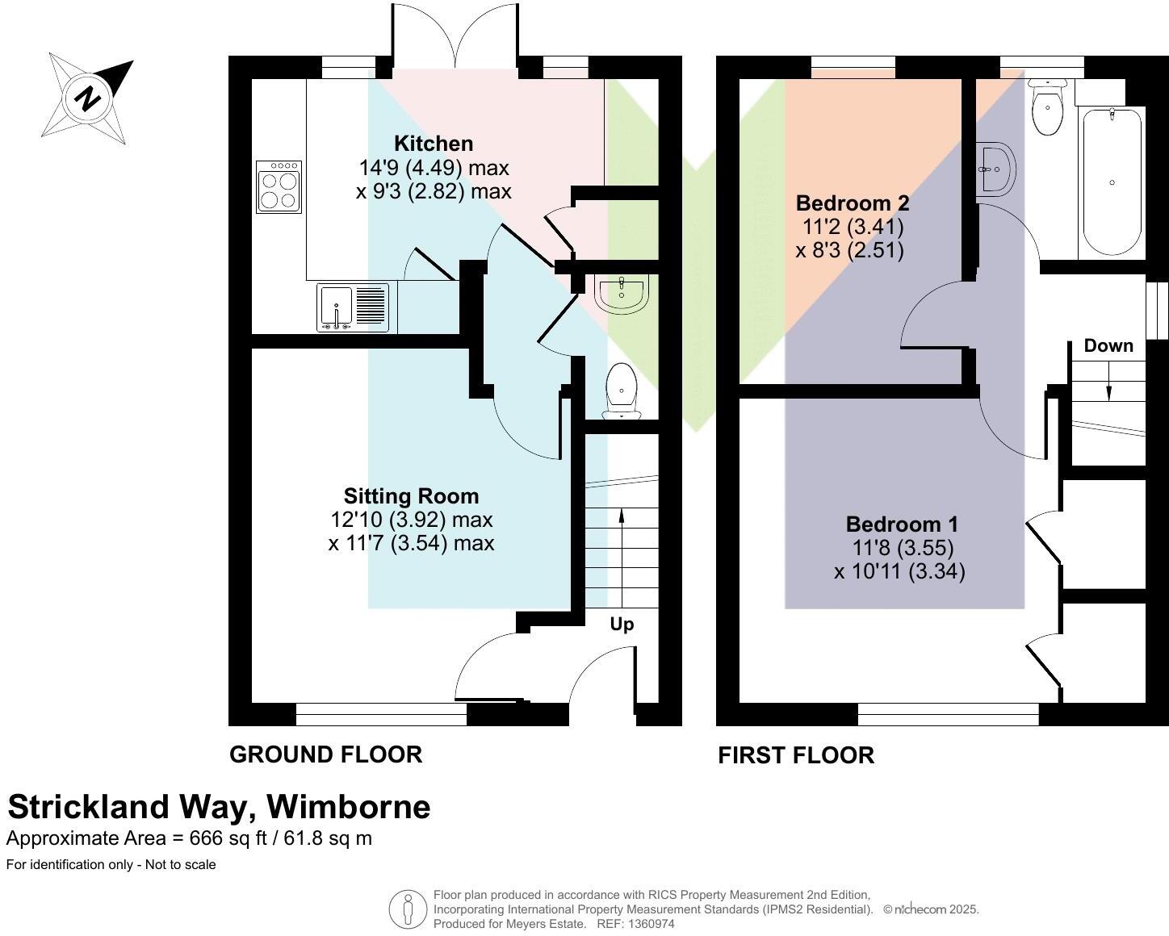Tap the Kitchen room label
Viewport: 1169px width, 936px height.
pyautogui.click(x=434, y=144)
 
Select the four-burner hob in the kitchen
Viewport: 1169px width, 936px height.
pyautogui.click(x=279, y=186)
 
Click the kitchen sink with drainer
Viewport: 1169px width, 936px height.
pyautogui.click(x=353, y=307)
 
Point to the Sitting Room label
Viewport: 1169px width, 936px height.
pyautogui.click(x=411, y=496)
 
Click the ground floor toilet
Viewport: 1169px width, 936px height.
pyautogui.click(x=621, y=392)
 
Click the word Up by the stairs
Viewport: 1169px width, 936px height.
pyautogui.click(x=622, y=625)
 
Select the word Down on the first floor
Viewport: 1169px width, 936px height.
pyautogui.click(x=1108, y=346)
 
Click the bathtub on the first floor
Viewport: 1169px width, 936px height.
pyautogui.click(x=1112, y=182)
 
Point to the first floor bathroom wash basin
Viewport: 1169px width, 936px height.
pyautogui.click(x=995, y=169)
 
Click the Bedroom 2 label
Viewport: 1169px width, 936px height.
pyautogui.click(x=853, y=203)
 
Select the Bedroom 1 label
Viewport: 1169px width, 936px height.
pyautogui.click(x=902, y=524)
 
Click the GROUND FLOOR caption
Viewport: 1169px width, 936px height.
pyautogui.click(x=326, y=754)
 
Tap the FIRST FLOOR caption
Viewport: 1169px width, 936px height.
pyautogui.click(x=796, y=755)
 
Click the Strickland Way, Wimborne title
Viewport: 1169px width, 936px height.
pyautogui.click(x=219, y=807)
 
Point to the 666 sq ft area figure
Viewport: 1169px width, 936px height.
pyautogui.click(x=216, y=838)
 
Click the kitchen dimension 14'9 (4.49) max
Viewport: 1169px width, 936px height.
pyautogui.click(x=434, y=168)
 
